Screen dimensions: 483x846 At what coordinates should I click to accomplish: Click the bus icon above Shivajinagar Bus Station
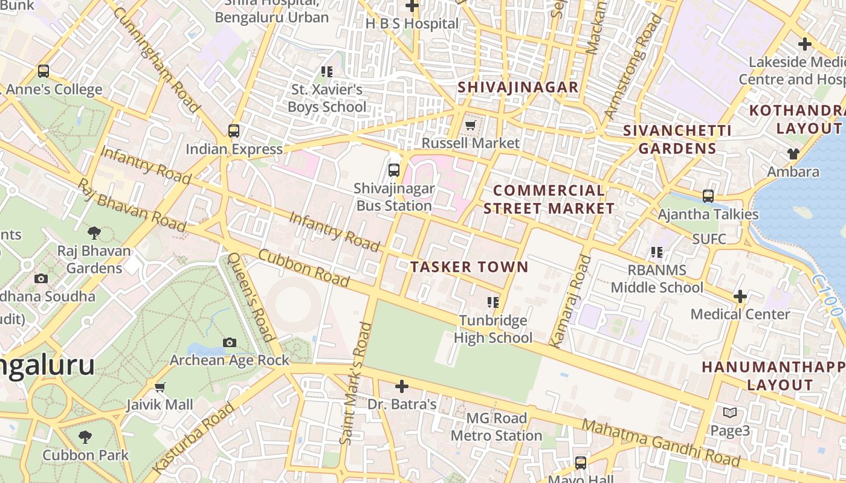[x=394, y=170]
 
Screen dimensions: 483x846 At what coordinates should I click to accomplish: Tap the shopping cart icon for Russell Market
[x=470, y=125]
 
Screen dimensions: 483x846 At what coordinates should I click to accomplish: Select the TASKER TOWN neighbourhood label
[x=469, y=267]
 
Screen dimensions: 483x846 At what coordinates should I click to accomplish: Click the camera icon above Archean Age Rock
[x=229, y=342]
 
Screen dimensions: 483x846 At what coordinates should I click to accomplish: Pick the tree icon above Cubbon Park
[x=85, y=437]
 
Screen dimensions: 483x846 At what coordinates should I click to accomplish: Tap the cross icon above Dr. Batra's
[x=401, y=386]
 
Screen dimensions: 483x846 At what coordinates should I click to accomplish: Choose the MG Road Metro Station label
[x=496, y=427]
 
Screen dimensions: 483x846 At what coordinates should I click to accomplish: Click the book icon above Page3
[x=730, y=412]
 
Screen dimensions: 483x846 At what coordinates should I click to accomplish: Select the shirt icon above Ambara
[x=793, y=154]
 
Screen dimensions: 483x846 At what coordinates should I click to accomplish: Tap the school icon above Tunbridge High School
[x=492, y=302]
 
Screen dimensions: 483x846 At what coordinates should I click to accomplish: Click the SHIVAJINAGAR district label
[x=518, y=87]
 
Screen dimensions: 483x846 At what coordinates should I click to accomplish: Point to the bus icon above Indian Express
[x=233, y=130]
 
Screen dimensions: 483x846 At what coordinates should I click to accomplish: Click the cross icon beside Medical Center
[x=740, y=296]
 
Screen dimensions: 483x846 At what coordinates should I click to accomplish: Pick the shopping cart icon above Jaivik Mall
[x=160, y=386]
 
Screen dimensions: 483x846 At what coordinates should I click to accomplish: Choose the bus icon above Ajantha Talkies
[x=708, y=196]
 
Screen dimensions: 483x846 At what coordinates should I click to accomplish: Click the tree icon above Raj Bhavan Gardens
[x=94, y=232]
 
